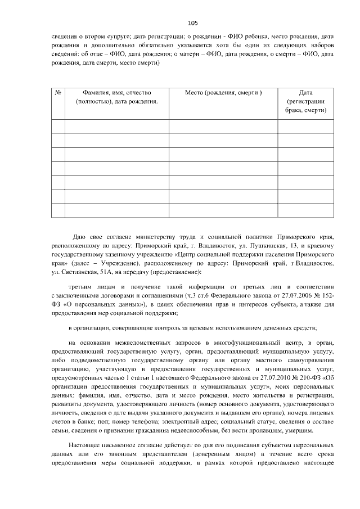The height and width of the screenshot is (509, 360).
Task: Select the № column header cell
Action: click(58, 92)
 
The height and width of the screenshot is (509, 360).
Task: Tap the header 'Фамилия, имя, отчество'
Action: click(117, 92)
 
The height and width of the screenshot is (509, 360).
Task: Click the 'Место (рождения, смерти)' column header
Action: click(223, 92)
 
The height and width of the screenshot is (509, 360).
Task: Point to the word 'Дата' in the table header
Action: click(305, 92)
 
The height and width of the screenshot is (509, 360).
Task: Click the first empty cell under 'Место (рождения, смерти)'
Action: click(223, 127)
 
